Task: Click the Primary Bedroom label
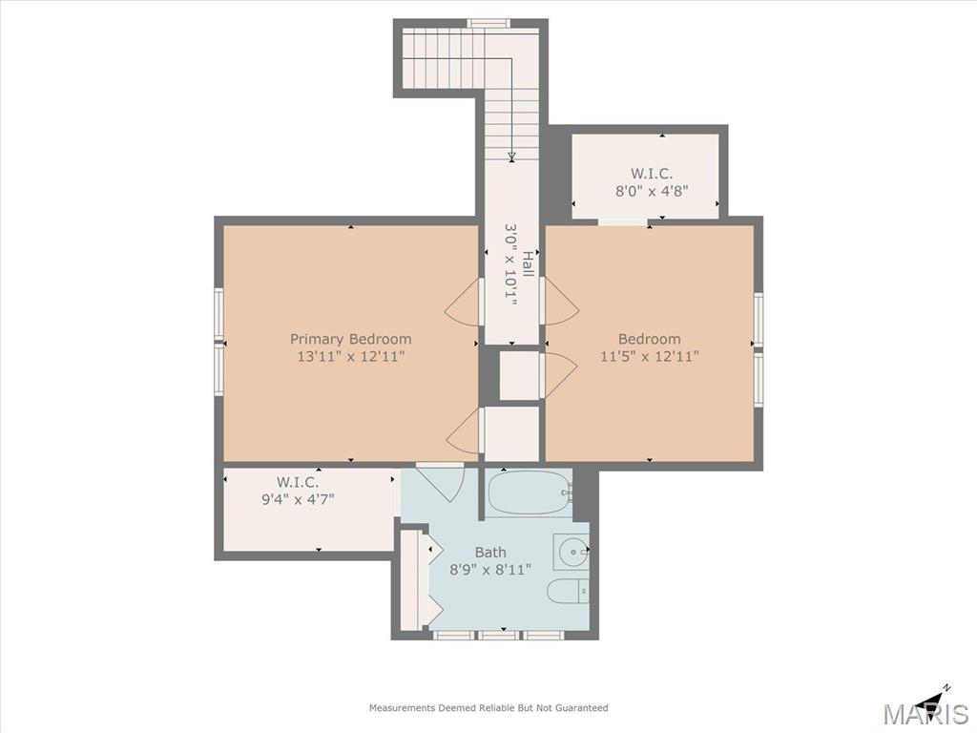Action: [351, 339]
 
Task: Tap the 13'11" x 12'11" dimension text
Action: [351, 357]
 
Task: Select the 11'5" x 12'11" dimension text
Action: [649, 357]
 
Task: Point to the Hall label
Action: [528, 265]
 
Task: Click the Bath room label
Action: [490, 553]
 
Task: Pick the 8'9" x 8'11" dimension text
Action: [490, 569]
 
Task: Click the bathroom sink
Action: [572, 551]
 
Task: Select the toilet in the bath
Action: [568, 590]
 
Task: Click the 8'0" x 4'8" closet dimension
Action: [651, 191]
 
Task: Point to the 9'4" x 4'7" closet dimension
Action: [298, 498]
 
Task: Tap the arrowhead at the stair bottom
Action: [511, 156]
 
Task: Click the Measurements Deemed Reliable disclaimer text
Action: [488, 708]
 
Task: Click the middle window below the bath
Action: [498, 635]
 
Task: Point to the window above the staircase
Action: [488, 24]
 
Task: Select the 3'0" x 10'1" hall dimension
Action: [511, 265]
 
